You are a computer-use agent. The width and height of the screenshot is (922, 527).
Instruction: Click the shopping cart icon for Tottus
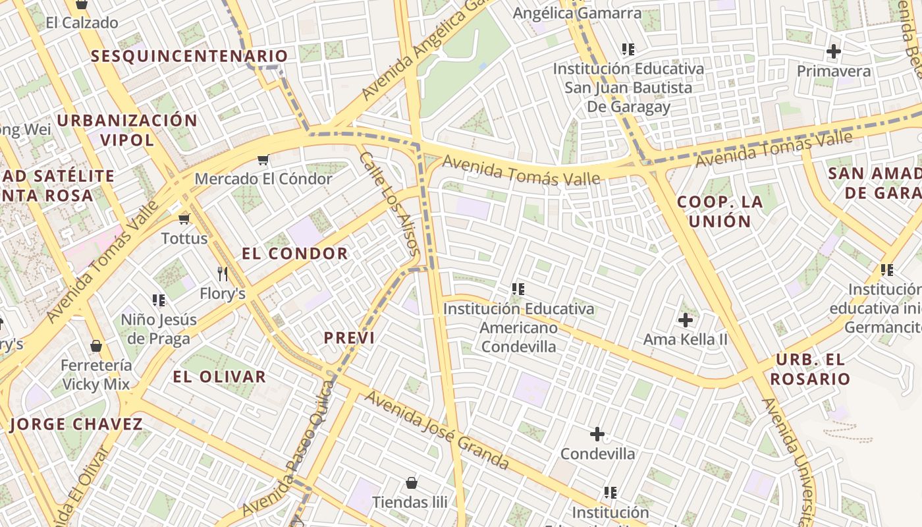point(184,219)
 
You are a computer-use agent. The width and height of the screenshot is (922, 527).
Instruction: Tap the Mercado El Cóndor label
point(263,179)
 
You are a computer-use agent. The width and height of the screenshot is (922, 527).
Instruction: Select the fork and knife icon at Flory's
point(223,273)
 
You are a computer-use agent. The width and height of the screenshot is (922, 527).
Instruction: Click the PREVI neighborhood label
point(349,338)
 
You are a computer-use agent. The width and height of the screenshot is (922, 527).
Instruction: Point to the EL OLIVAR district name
point(219,377)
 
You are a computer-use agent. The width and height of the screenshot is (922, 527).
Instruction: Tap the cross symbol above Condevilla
point(597,434)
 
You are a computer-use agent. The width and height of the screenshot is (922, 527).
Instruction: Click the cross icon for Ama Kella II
point(686,320)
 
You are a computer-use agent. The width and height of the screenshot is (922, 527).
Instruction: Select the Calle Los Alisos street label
point(389,204)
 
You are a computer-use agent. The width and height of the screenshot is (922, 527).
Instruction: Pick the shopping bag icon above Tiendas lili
point(412,483)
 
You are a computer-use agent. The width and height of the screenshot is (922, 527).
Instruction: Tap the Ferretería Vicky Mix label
point(96,374)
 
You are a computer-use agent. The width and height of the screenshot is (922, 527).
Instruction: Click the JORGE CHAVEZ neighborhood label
point(76,424)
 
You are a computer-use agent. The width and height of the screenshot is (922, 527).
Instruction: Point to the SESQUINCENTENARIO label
point(190,56)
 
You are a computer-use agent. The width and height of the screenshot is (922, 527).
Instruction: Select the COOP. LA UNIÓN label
point(720,211)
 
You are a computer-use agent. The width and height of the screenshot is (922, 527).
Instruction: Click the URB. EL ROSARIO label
point(810,370)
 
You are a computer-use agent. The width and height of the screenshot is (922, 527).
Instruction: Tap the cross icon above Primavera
point(834,51)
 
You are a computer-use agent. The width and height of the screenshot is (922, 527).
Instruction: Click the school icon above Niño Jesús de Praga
point(159,300)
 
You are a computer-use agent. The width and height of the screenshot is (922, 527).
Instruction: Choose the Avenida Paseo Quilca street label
point(290,449)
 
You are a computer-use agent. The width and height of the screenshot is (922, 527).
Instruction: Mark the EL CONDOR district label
point(294,254)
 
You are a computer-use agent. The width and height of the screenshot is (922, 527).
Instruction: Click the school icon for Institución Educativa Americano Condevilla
point(518,289)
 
